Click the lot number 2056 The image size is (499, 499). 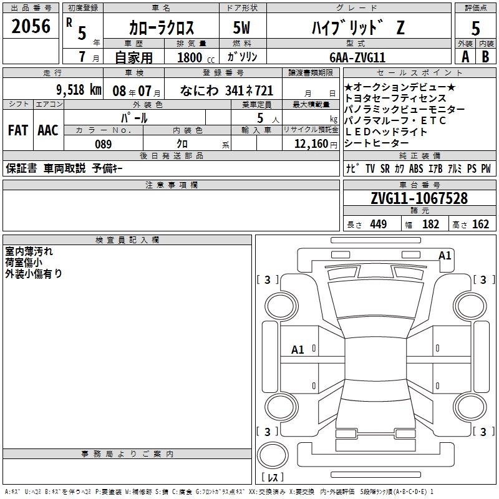point(31,26)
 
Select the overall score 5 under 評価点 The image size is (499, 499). point(475,28)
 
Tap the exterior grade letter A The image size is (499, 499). point(465,57)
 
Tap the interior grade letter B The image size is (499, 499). point(485,57)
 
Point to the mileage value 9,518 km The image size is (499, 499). point(79,90)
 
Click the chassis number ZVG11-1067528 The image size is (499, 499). point(419,198)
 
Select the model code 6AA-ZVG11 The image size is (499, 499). point(357,57)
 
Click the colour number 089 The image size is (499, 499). point(103,144)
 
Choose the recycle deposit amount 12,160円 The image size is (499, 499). point(316,144)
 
